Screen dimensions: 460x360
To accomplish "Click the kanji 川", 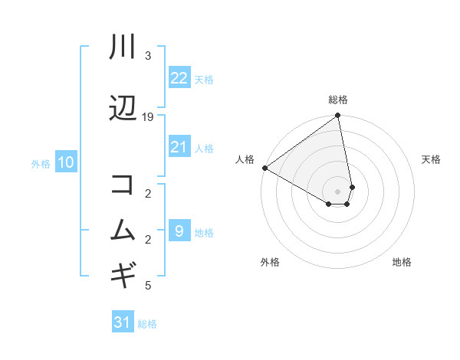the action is point(123,47).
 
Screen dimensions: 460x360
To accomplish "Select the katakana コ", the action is point(123,185).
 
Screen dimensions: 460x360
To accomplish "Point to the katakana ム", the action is point(123,230).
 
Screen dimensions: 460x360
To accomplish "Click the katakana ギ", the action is point(123,273).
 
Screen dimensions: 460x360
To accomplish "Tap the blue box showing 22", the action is point(179,78).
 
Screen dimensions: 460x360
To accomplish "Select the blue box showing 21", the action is point(179,147).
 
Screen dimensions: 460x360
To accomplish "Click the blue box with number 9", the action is point(179,231).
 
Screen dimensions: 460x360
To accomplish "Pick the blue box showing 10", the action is point(65,162).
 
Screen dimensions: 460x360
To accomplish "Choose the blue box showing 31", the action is point(122,322).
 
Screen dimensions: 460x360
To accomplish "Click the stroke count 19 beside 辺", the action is point(148,116).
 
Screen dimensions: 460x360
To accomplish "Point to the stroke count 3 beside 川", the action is point(148,56).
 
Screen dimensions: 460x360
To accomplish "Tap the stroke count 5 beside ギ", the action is point(148,286).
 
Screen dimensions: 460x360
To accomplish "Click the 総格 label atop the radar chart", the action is point(338,100).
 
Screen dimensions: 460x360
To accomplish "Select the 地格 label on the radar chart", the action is point(402,262).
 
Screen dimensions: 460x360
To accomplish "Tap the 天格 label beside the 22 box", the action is point(203,79).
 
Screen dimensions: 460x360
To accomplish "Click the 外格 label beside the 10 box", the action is point(41,163).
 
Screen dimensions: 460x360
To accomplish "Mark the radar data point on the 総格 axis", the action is point(338,116).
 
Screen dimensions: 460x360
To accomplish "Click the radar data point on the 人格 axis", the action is point(264,168).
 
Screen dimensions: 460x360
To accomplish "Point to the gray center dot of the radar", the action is point(338,191).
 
